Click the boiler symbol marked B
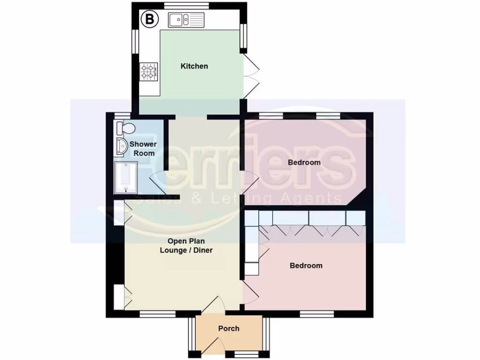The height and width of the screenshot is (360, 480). pyautogui.click(x=150, y=20)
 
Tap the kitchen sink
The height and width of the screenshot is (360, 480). pyautogui.click(x=187, y=20)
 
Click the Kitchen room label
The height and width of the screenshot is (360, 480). pyautogui.click(x=194, y=66)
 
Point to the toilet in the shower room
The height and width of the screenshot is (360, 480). pyautogui.click(x=126, y=127)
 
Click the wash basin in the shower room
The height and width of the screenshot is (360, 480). pyautogui.click(x=121, y=146)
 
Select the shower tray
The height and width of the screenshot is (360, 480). pyautogui.click(x=126, y=178)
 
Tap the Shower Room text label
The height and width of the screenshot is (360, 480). pyautogui.click(x=143, y=149)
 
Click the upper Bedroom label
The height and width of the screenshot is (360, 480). pyautogui.click(x=304, y=163)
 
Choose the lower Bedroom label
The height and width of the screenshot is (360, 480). pyautogui.click(x=306, y=266)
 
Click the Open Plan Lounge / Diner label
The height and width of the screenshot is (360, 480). pyautogui.click(x=186, y=246)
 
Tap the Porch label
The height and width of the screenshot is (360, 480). pyautogui.click(x=229, y=329)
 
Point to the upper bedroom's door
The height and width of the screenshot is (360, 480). pyautogui.click(x=250, y=183)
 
